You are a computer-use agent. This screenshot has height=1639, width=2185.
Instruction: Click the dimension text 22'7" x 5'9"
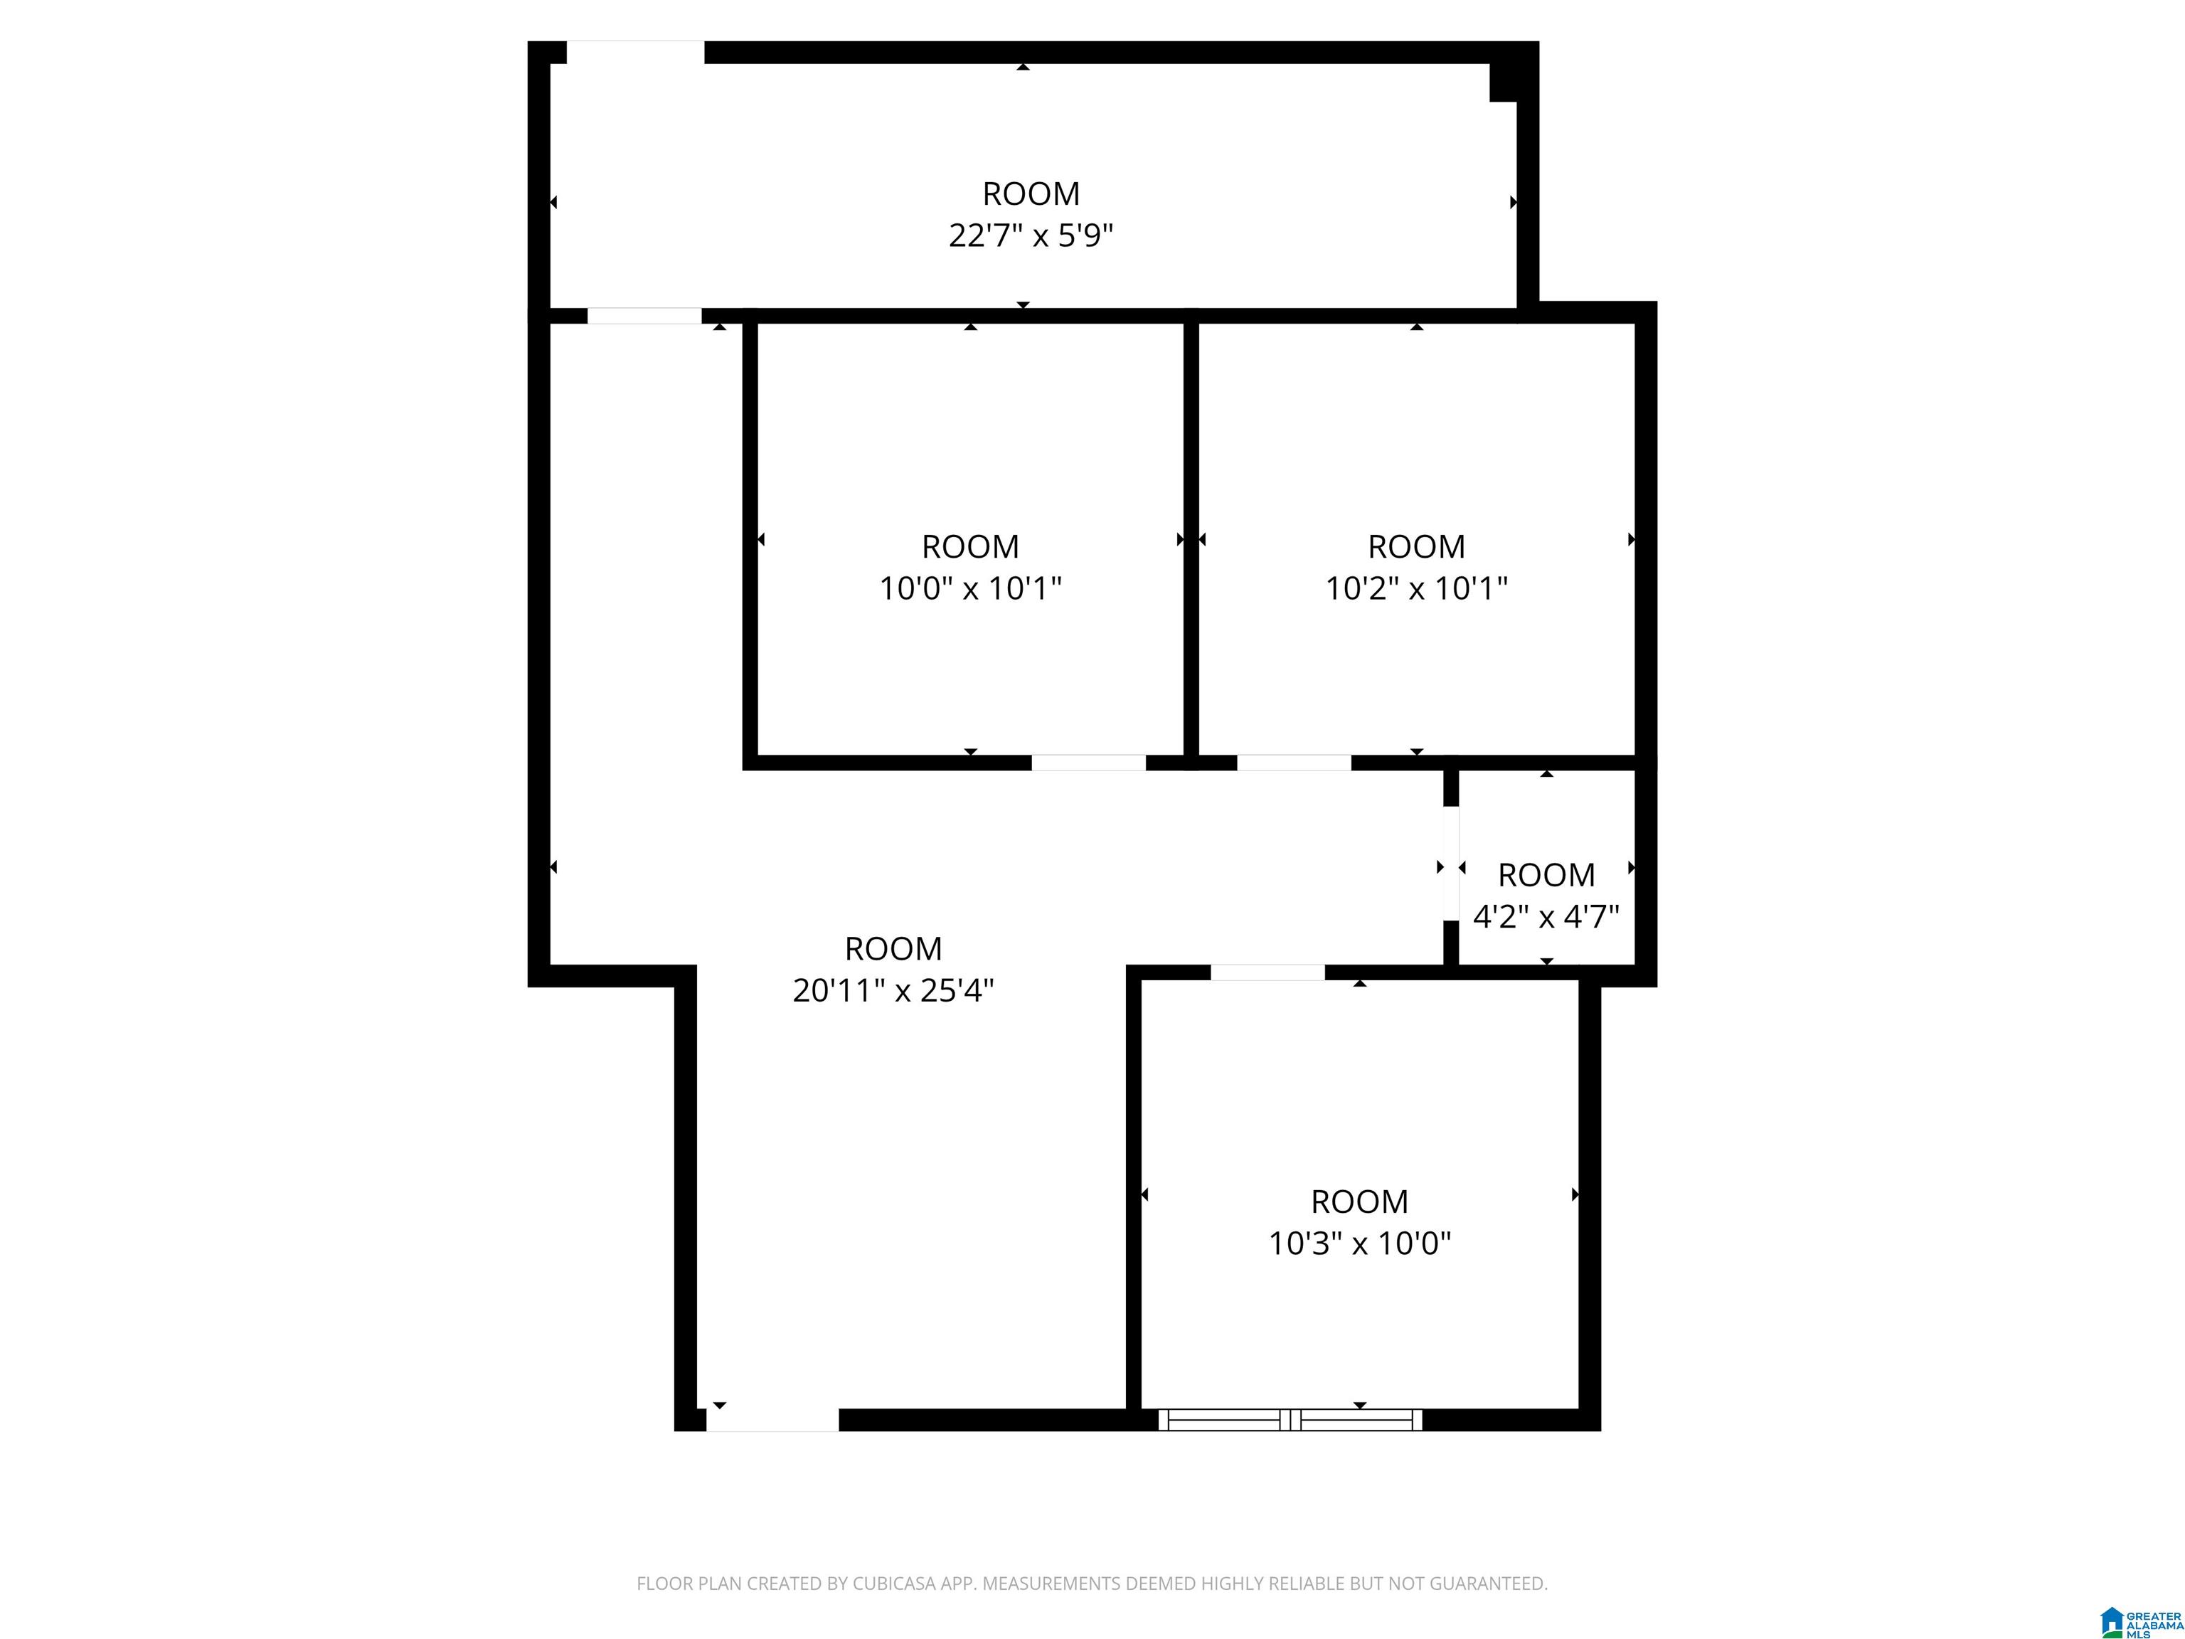(x=1031, y=236)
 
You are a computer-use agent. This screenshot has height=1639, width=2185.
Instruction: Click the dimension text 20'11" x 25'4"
(x=893, y=990)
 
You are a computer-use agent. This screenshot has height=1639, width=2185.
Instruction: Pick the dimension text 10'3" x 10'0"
(x=1359, y=1243)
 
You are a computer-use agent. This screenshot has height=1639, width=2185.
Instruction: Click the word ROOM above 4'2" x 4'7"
(x=1546, y=875)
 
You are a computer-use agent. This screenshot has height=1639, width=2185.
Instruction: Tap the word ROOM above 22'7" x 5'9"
(x=1031, y=193)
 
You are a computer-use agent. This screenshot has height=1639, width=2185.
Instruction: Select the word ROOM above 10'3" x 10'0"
(x=1359, y=1202)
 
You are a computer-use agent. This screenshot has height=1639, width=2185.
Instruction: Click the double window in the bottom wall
(x=1290, y=1420)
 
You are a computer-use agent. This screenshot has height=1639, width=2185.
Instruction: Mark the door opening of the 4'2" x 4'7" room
(x=1450, y=864)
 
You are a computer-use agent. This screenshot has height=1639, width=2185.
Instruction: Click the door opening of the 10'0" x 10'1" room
(x=1088, y=763)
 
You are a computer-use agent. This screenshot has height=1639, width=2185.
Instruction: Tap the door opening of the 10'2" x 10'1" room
(x=1293, y=763)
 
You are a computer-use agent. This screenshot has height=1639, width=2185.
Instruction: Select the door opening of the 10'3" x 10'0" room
(x=1267, y=973)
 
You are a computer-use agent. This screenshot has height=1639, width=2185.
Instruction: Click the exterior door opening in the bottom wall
(x=772, y=1420)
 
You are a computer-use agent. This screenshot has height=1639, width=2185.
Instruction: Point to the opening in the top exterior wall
(x=635, y=53)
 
